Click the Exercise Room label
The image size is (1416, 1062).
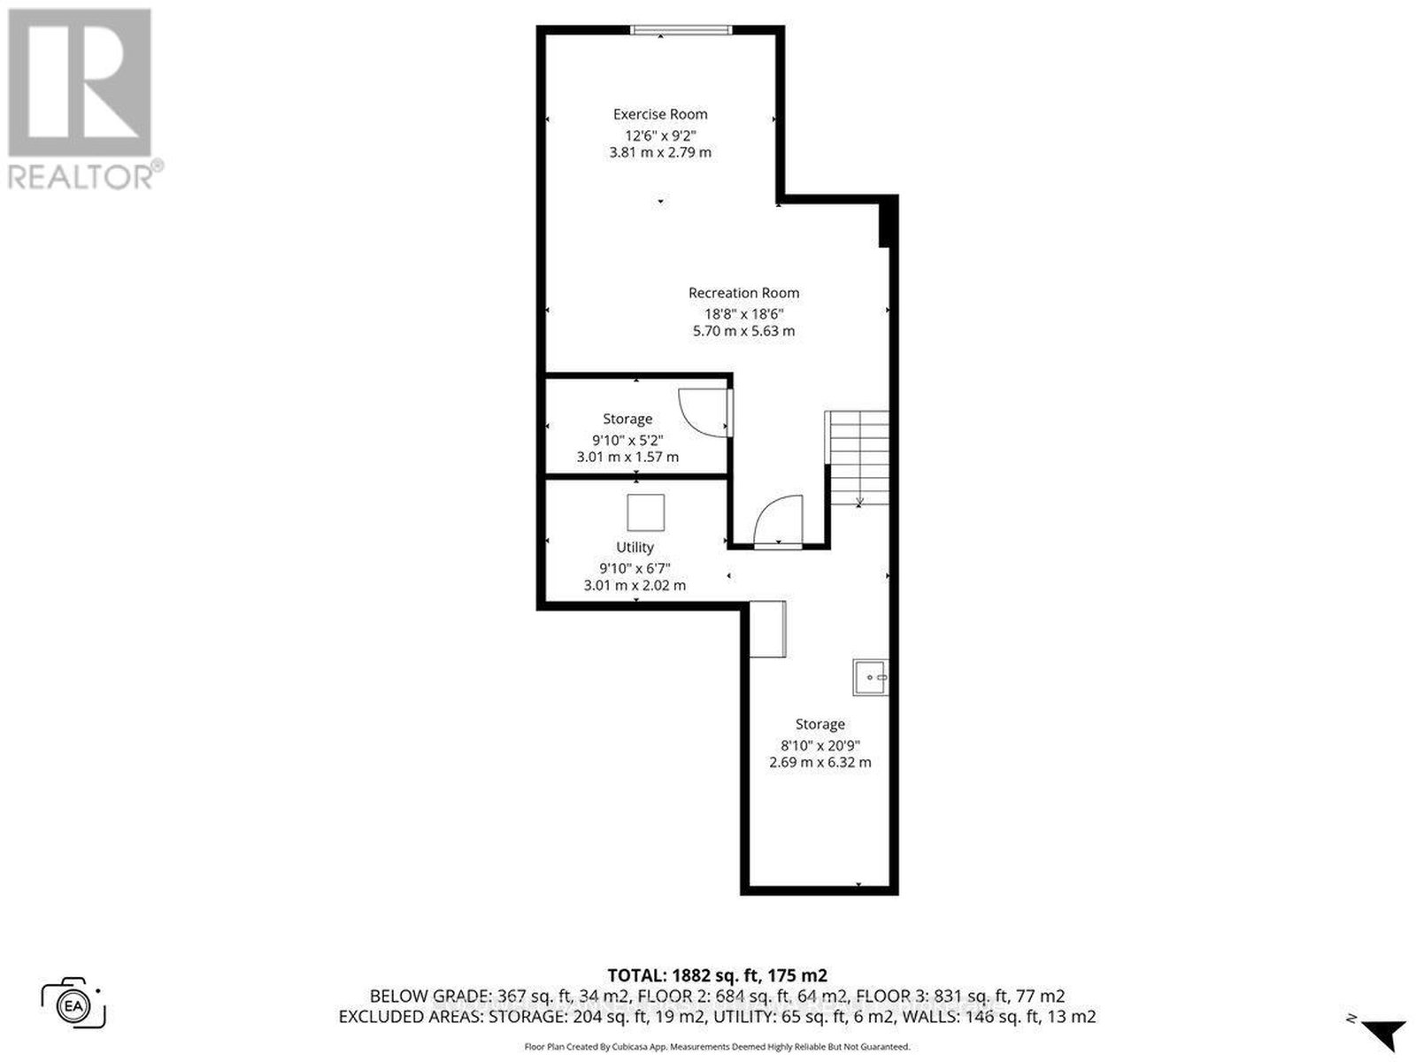tap(660, 114)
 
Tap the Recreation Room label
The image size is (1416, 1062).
tap(743, 293)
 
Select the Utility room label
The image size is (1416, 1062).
tap(635, 548)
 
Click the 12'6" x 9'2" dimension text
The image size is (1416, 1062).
tap(660, 135)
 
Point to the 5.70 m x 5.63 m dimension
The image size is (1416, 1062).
tap(743, 331)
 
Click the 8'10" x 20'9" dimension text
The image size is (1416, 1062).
tap(820, 745)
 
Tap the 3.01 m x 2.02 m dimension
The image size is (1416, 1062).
tap(635, 586)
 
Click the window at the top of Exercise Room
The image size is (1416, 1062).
tap(681, 30)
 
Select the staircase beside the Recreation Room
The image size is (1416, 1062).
tap(858, 458)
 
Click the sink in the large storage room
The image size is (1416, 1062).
tap(870, 677)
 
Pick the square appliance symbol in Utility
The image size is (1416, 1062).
tap(646, 512)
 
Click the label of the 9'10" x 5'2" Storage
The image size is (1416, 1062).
tap(627, 419)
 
